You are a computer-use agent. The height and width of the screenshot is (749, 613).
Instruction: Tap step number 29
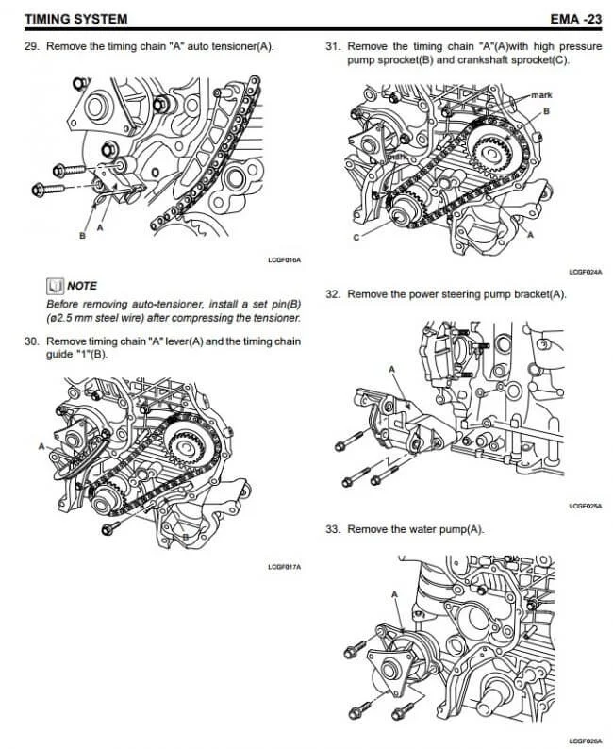click(32, 46)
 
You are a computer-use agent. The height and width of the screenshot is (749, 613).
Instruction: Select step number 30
click(32, 341)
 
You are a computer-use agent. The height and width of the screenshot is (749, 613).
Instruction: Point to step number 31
click(332, 46)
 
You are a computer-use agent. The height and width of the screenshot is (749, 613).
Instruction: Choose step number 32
click(332, 294)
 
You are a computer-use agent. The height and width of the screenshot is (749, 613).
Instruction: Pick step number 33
click(332, 529)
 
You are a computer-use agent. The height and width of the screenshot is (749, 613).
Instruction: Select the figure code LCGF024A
click(585, 272)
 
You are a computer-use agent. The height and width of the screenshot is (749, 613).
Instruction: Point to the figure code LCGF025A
click(585, 507)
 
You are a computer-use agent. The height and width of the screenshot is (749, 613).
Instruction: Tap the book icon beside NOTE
click(55, 285)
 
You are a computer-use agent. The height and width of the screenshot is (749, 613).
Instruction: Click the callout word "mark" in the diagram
click(542, 96)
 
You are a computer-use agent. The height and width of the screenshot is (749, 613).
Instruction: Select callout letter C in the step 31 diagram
click(356, 238)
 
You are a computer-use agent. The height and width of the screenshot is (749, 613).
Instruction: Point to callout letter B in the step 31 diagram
click(545, 111)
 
